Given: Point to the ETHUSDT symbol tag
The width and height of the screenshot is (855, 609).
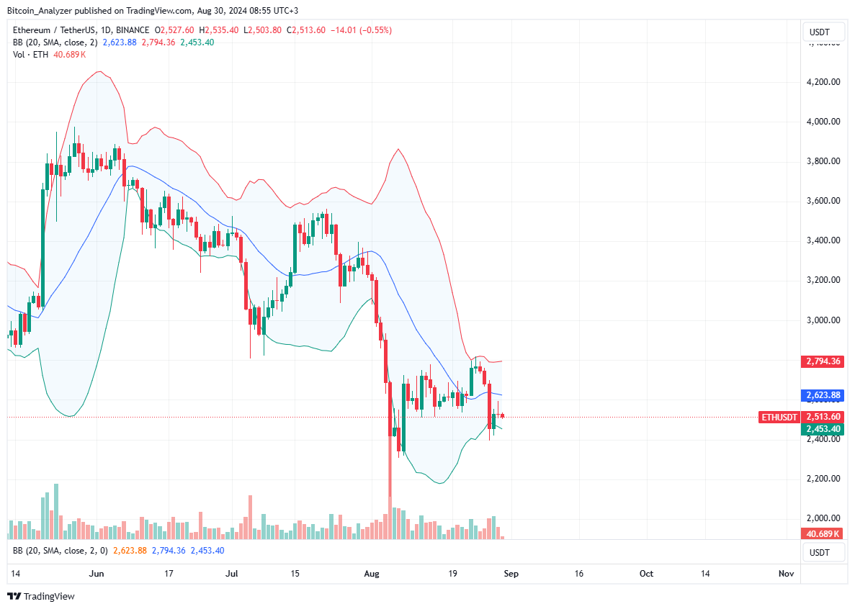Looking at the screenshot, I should point(779,417).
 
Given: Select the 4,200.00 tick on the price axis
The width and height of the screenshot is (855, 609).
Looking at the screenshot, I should point(823,82).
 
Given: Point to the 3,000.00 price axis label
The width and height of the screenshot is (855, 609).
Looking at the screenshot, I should point(823,320).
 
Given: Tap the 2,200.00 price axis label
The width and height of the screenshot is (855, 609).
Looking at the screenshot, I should point(823,479).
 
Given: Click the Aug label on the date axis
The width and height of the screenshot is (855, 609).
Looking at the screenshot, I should point(372,574).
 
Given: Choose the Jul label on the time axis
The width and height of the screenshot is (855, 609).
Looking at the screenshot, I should point(232,574).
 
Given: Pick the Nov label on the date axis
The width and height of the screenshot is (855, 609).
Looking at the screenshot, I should point(786,574).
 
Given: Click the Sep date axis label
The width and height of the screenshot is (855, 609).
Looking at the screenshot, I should point(511,574).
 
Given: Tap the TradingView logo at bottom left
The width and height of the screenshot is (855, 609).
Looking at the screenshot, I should point(41,596).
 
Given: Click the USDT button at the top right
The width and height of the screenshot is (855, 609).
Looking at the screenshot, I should point(820,32).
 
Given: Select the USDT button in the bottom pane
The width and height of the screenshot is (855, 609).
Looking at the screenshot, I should point(820,552).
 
